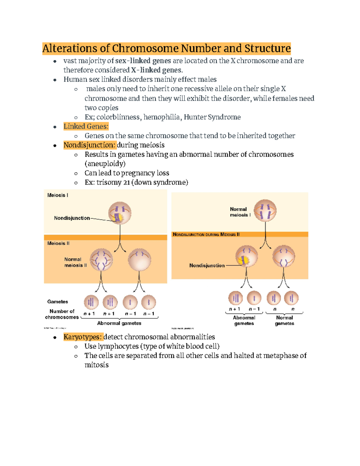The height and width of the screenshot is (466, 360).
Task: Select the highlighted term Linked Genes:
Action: tap(86, 126)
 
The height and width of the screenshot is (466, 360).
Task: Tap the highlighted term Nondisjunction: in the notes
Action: tap(89, 145)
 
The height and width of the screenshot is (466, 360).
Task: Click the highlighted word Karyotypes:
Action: tap(82, 337)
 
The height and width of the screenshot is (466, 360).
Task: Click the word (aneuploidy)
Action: tap(105, 164)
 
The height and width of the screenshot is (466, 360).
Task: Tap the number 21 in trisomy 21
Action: tap(126, 182)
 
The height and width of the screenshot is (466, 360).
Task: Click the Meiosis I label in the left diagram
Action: tap(58, 195)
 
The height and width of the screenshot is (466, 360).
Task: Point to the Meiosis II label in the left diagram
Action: tap(58, 243)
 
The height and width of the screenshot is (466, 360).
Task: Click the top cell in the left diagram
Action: tap(120, 213)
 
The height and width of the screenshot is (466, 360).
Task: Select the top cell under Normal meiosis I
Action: tap(265, 211)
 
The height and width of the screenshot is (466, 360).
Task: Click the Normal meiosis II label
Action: tap(75, 262)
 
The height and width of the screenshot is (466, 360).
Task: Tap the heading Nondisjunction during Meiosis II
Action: tap(206, 234)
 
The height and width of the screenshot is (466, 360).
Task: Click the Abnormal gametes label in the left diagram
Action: tap(119, 323)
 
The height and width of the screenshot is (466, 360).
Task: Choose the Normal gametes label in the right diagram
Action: tap(284, 320)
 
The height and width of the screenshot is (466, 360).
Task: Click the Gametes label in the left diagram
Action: tap(58, 302)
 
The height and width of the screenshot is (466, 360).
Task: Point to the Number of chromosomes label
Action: tap(62, 314)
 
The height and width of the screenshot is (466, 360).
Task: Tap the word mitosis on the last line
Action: tap(96, 365)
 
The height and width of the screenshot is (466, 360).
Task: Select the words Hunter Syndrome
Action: tap(212, 117)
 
